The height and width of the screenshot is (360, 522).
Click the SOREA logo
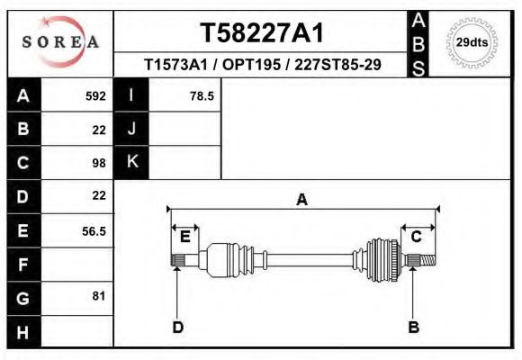(60, 42)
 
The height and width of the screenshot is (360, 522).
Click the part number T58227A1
(261, 33)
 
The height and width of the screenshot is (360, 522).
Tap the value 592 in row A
(95, 94)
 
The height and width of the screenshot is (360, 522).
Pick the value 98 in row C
(98, 163)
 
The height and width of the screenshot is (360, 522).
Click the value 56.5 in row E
(94, 231)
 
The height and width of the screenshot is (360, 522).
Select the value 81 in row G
(98, 295)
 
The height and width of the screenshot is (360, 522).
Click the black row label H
(22, 333)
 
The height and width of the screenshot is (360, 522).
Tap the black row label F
(22, 265)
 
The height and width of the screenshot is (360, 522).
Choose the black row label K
(131, 162)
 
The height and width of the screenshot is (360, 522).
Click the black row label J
(131, 129)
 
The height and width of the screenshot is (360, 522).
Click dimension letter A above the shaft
(302, 200)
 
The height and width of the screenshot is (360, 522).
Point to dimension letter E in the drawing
(184, 237)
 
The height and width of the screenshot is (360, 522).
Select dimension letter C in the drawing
(417, 237)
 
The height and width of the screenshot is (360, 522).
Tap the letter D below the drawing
(177, 327)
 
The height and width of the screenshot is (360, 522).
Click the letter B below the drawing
(414, 327)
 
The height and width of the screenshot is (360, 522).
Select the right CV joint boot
(382, 259)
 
